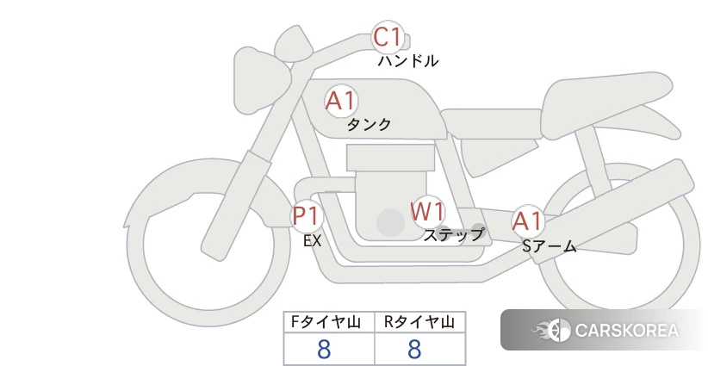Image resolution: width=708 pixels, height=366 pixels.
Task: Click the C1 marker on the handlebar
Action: [388, 37]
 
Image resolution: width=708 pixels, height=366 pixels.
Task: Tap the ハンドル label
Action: [407, 60]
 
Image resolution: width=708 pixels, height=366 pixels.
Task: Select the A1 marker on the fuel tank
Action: [341, 101]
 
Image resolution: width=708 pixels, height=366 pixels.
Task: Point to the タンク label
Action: [369, 124]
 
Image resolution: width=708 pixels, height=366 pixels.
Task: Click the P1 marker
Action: [307, 215]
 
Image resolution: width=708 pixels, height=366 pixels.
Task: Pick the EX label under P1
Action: [313, 241]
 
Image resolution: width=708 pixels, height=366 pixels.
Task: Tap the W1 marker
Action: [427, 211]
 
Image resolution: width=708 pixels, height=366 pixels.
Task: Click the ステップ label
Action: [453, 235]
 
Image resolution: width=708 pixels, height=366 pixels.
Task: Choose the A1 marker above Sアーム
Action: [527, 221]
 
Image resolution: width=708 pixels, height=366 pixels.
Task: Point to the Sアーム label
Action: [549, 246]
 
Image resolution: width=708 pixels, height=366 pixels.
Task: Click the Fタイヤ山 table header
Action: [326, 322]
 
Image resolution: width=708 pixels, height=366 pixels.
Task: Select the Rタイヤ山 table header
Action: [419, 322]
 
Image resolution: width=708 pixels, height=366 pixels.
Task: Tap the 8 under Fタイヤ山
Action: [324, 349]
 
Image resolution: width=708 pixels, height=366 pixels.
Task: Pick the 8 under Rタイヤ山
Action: [414, 349]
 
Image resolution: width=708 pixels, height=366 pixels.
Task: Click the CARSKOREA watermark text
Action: [626, 331]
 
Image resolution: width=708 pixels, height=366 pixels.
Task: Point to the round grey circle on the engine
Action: [390, 222]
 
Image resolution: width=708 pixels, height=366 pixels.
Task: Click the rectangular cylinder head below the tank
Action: [390, 158]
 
